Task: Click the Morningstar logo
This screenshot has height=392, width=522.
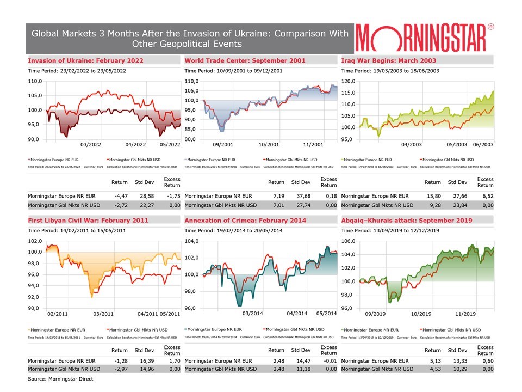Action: point(425,38)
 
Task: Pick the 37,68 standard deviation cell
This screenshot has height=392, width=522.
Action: point(301,195)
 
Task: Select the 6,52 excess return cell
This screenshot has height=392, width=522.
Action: point(485,195)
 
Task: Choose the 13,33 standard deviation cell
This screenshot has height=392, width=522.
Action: point(457,360)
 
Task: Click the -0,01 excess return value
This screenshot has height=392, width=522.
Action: point(329,360)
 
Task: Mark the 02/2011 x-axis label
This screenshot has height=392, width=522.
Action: point(58,314)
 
